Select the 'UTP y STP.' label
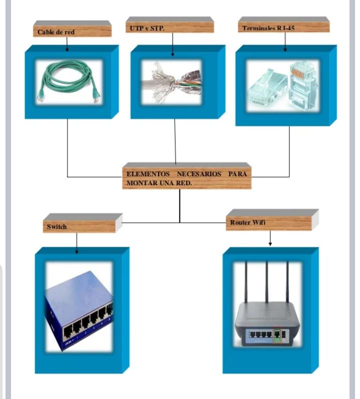click(x=144, y=29)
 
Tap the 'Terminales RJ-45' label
click(x=268, y=29)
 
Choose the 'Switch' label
click(x=57, y=227)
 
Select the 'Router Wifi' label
click(x=247, y=222)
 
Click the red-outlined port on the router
click(x=277, y=333)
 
